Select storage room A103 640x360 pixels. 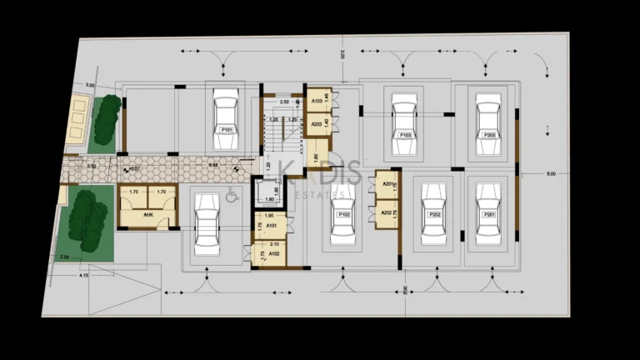[317, 101]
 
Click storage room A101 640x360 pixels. [272, 225]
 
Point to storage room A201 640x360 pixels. [387, 185]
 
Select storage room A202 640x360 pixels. [387, 213]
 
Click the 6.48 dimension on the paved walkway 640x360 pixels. [213, 165]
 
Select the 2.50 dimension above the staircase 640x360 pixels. [284, 102]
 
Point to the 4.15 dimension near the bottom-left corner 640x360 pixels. [83, 274]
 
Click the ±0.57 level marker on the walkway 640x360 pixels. [132, 169]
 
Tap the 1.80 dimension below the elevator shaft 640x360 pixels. [269, 200]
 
